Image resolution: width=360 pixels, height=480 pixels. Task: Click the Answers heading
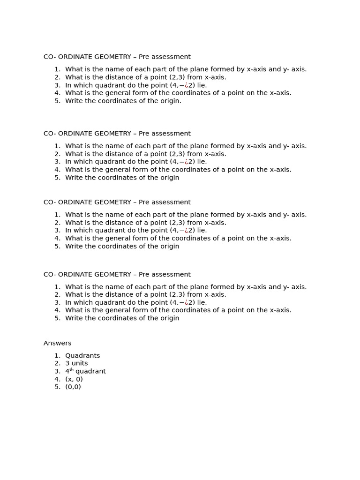57,343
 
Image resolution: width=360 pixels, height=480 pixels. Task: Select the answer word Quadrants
82,356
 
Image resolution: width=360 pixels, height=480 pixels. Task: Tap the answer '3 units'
76,363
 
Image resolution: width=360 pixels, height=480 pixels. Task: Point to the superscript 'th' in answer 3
72,370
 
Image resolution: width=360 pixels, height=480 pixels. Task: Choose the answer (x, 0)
74,379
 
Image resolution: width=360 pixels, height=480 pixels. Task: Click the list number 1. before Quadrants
57,356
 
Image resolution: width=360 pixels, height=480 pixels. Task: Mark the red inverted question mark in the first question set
186,85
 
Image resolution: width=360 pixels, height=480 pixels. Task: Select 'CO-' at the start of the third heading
50,202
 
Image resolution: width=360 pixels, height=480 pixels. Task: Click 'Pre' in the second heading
143,134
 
